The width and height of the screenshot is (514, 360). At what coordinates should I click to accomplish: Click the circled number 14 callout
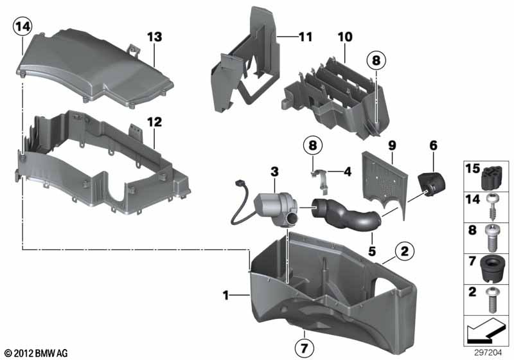pyautogui.click(x=22, y=26)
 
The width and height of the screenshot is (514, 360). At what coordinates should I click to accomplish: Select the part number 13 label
pyautogui.click(x=154, y=37)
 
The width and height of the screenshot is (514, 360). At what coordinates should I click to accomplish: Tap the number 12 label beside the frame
pyautogui.click(x=154, y=122)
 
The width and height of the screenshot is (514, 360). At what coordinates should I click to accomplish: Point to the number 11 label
pyautogui.click(x=305, y=37)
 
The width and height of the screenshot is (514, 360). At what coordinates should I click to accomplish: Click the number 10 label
pyautogui.click(x=345, y=37)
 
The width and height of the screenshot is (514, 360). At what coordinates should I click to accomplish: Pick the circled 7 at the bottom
pyautogui.click(x=304, y=348)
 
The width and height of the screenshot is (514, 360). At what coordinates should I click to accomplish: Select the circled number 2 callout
pyautogui.click(x=405, y=251)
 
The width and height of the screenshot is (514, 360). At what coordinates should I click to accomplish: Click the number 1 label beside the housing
pyautogui.click(x=226, y=296)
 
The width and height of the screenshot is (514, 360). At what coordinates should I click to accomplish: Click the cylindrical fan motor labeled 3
pyautogui.click(x=276, y=209)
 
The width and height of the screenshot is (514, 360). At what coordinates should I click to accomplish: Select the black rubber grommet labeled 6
pyautogui.click(x=431, y=184)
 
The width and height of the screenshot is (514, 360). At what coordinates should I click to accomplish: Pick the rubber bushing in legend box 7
pyautogui.click(x=492, y=269)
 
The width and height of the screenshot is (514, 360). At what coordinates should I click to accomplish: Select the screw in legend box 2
pyautogui.click(x=492, y=300)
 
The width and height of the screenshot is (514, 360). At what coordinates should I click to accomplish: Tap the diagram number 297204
pyautogui.click(x=488, y=352)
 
